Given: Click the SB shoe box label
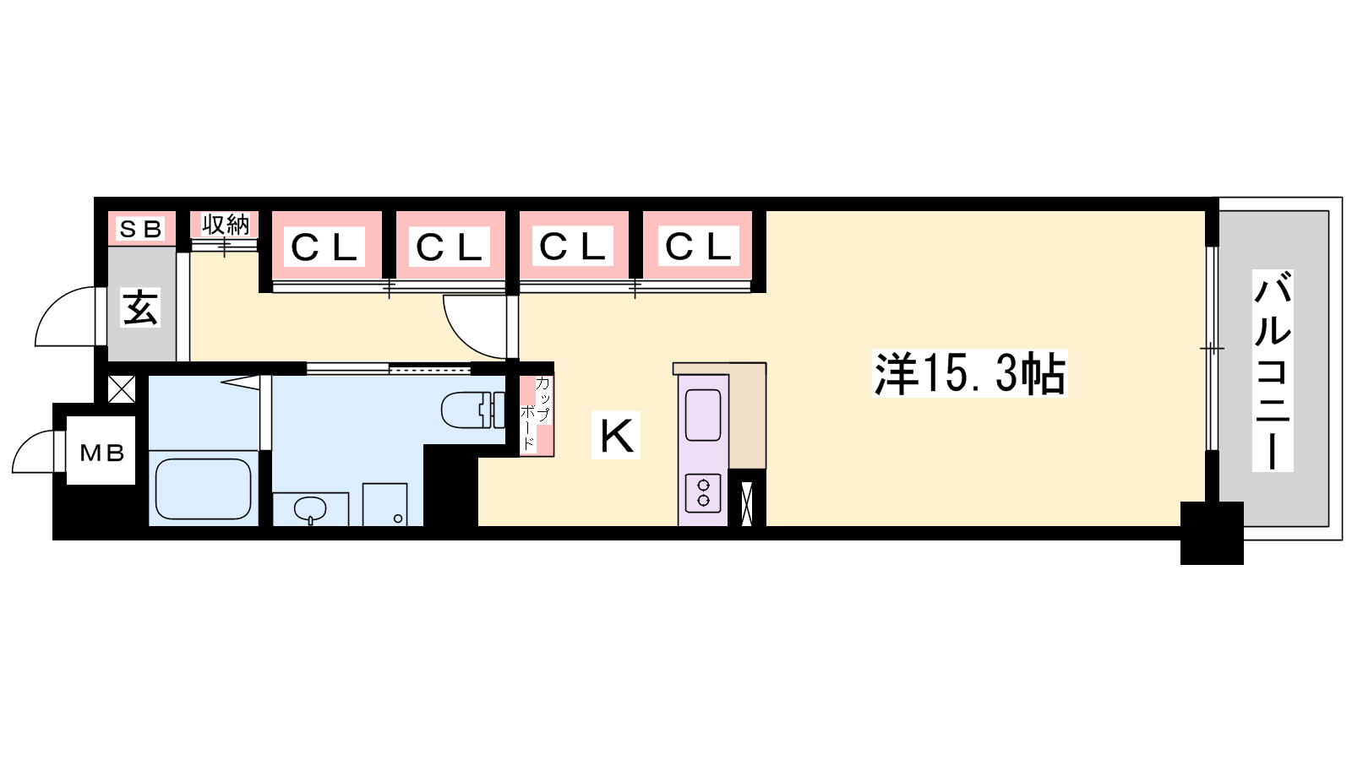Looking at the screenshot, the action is click(x=141, y=229).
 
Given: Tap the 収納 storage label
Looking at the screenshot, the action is click(x=225, y=225).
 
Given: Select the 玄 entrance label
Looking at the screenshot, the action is click(x=140, y=307).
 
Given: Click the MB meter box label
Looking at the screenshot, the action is click(x=102, y=452).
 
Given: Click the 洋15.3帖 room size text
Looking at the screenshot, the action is click(x=969, y=373).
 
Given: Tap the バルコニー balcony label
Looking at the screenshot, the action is click(x=1273, y=371).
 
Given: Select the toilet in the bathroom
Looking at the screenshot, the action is click(x=473, y=410).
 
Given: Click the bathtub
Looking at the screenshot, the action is click(x=204, y=489).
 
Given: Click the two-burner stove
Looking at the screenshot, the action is click(x=703, y=493).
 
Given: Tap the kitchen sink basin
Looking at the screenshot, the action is click(x=703, y=415).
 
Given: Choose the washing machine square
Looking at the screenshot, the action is click(x=384, y=504).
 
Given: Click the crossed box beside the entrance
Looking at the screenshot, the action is click(x=122, y=389).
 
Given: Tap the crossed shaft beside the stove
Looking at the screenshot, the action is click(x=747, y=503).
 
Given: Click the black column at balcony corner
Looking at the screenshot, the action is click(x=1212, y=533).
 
